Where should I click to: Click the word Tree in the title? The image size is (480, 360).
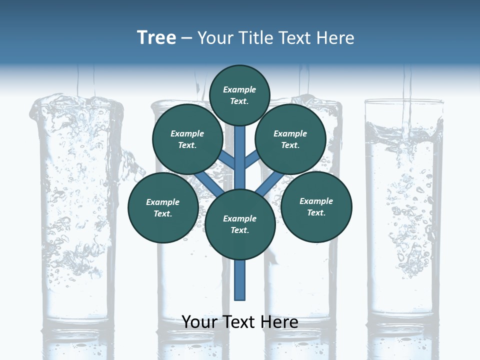pyautogui.click(x=156, y=38)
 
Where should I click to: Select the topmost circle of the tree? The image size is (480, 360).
pyautogui.click(x=239, y=95)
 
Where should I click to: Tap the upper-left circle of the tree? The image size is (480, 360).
pyautogui.click(x=187, y=139)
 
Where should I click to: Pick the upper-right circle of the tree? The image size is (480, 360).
pyautogui.click(x=290, y=139)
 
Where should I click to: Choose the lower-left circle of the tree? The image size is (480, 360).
pyautogui.click(x=163, y=207)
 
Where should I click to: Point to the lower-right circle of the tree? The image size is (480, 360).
pyautogui.click(x=316, y=206)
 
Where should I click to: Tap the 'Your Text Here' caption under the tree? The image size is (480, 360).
pyautogui.click(x=240, y=322)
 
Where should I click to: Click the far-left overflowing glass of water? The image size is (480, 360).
pyautogui.click(x=75, y=210)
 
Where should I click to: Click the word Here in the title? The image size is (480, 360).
pyautogui.click(x=337, y=38)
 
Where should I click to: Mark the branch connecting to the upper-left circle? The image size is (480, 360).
pyautogui.click(x=226, y=159)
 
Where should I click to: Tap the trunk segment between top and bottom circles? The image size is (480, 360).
pyautogui.click(x=240, y=160)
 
